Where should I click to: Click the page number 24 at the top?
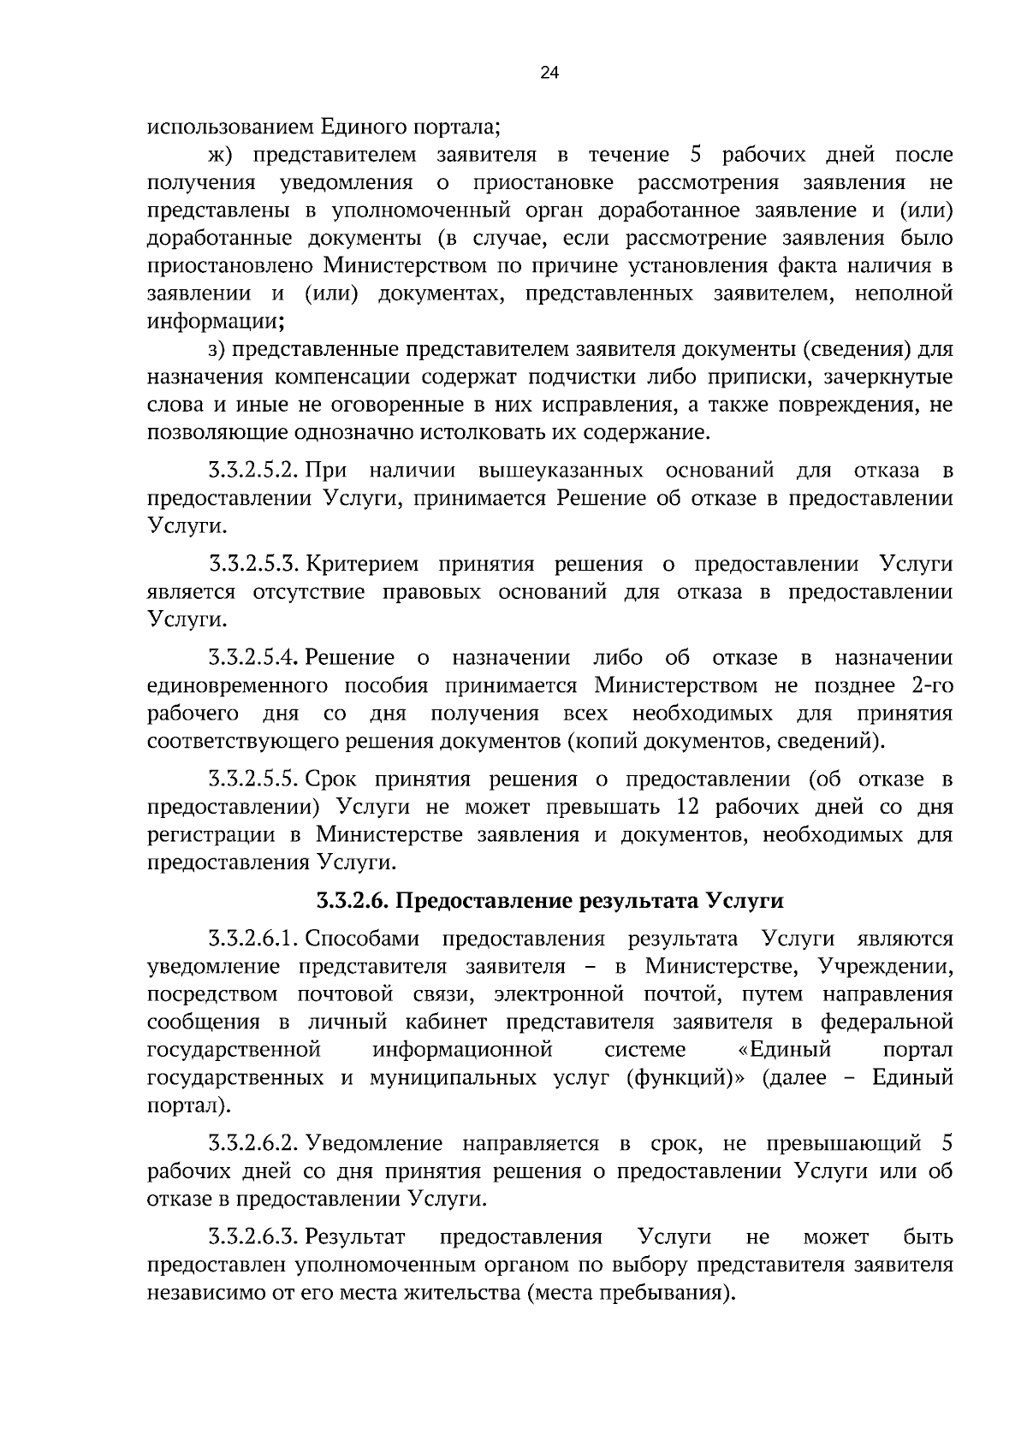pyautogui.click(x=549, y=74)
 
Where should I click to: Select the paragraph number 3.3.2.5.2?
pyautogui.click(x=252, y=471)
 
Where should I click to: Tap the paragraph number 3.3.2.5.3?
pyautogui.click(x=252, y=565)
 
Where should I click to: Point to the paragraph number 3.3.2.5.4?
pyautogui.click(x=252, y=658)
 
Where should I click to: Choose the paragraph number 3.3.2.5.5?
pyautogui.click(x=252, y=779)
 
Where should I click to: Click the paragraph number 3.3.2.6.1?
pyautogui.click(x=252, y=939)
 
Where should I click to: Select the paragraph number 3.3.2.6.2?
pyautogui.click(x=252, y=1144)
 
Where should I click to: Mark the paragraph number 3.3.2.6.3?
pyautogui.click(x=252, y=1237)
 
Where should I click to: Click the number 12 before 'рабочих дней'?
pyautogui.click(x=690, y=808)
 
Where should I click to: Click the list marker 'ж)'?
pyautogui.click(x=221, y=156)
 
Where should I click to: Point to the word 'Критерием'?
pyautogui.click(x=363, y=565)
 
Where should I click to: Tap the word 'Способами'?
pyautogui.click(x=363, y=939)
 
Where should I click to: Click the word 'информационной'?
pyautogui.click(x=462, y=1050)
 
